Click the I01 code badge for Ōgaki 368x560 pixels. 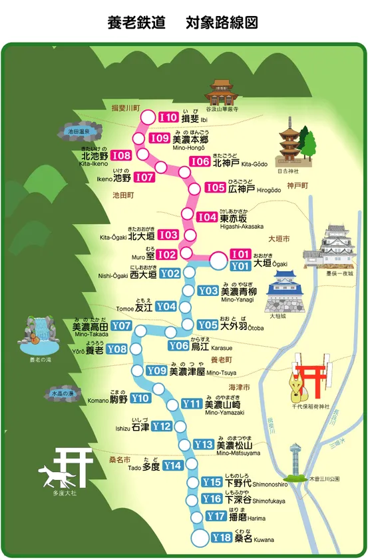(240, 254)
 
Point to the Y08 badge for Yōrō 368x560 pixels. (116, 349)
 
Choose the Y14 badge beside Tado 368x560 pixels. (172, 465)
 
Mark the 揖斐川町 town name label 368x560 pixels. (125, 107)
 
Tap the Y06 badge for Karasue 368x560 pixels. (178, 345)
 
